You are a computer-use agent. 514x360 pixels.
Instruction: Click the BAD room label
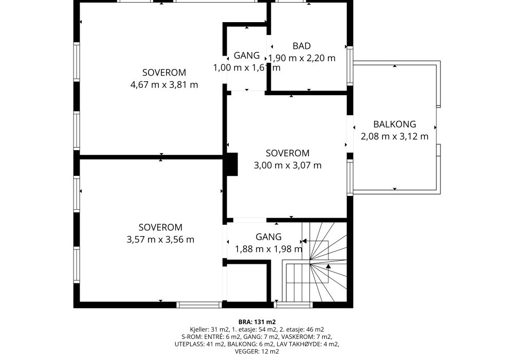302,46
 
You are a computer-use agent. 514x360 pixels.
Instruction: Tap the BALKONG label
395,124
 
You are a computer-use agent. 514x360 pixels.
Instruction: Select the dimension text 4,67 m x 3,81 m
164,84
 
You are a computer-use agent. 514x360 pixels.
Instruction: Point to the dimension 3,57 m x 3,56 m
160,239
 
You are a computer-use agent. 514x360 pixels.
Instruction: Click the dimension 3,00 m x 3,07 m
287,165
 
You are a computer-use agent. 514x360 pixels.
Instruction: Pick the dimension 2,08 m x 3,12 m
395,136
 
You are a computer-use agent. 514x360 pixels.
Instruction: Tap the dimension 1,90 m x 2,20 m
302,58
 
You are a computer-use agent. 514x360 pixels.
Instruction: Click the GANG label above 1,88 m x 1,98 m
268,237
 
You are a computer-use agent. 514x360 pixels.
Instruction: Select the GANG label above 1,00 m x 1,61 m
247,56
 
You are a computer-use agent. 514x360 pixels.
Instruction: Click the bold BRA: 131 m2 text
257,322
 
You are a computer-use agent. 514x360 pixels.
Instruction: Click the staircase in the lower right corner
315,262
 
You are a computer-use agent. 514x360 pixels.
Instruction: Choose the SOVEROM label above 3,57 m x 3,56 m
160,227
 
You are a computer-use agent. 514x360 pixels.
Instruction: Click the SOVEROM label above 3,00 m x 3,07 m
287,153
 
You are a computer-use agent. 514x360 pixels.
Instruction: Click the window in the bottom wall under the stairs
293,305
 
